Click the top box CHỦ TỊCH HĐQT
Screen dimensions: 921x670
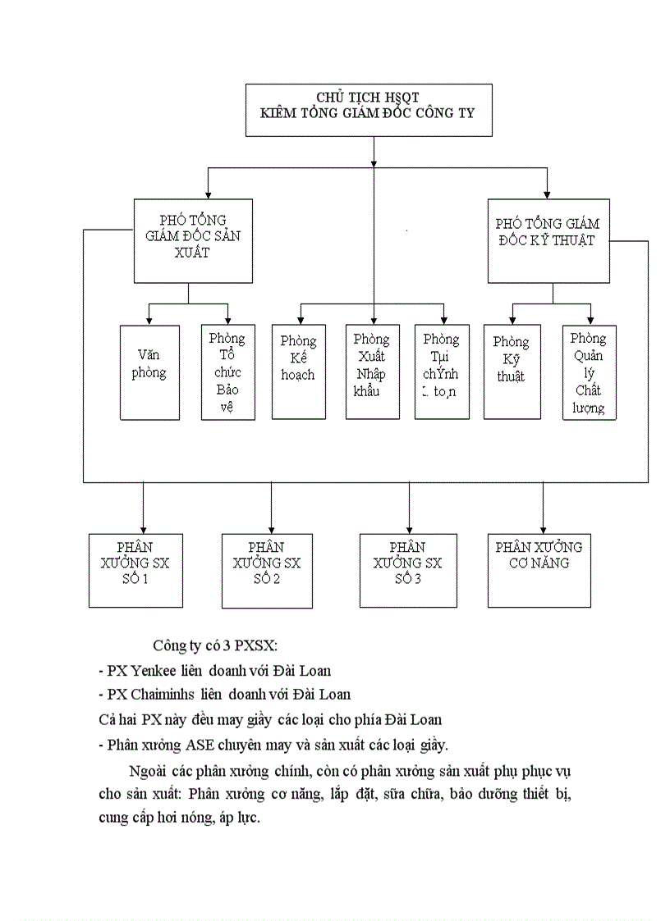pyautogui.click(x=369, y=109)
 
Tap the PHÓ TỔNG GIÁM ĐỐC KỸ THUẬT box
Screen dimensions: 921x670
pyautogui.click(x=548, y=241)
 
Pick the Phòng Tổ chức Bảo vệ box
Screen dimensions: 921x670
pyautogui.click(x=227, y=372)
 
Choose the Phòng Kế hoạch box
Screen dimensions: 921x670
pyautogui.click(x=298, y=372)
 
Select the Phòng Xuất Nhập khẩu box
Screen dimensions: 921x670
pyautogui.click(x=372, y=372)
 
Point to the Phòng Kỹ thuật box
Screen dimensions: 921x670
pyautogui.click(x=511, y=372)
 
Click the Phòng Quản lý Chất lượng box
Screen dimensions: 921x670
pyautogui.click(x=589, y=372)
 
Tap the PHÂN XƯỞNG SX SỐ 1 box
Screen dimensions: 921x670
pyautogui.click(x=135, y=570)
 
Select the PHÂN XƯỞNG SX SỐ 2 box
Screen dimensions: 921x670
pyautogui.click(x=267, y=570)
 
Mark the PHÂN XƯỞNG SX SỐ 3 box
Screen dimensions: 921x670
pyautogui.click(x=408, y=570)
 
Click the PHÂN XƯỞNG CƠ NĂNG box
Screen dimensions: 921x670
pyautogui.click(x=539, y=570)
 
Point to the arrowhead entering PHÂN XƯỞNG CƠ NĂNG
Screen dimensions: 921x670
pyautogui.click(x=542, y=529)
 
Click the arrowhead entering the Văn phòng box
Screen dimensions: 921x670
pyautogui.click(x=149, y=321)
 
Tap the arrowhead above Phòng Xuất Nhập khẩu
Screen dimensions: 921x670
pyautogui.click(x=374, y=321)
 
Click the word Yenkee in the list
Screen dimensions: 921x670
pyautogui.click(x=153, y=671)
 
